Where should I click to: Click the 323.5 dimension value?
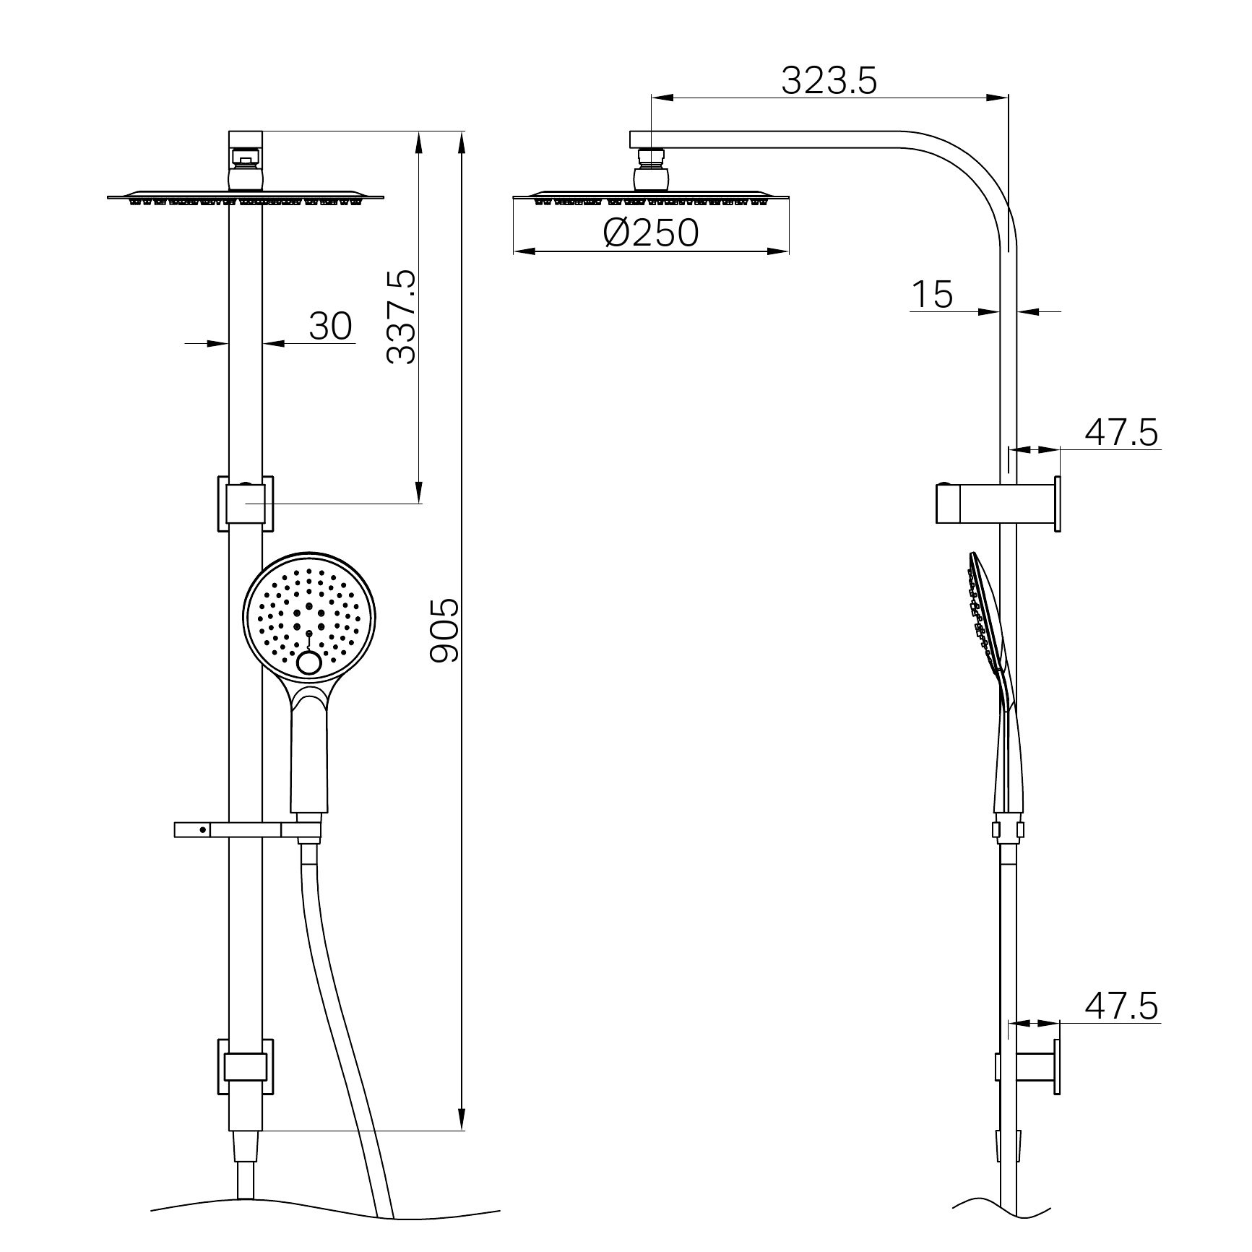point(829,80)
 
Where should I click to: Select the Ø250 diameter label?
point(651,233)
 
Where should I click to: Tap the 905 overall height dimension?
point(444,629)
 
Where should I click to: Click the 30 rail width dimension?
point(330,326)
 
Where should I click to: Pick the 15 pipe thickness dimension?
point(931,294)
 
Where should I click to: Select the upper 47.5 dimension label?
point(1121,433)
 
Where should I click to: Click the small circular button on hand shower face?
point(311,664)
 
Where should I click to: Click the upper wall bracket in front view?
point(245,504)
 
